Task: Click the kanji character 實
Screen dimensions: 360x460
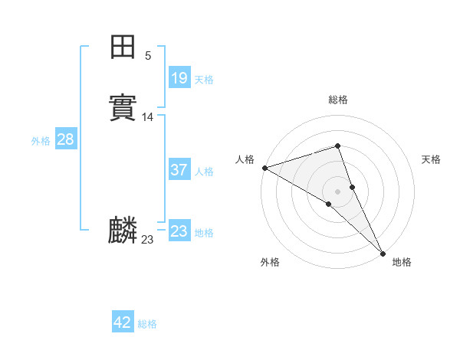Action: (x=123, y=108)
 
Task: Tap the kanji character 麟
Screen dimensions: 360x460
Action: (x=123, y=231)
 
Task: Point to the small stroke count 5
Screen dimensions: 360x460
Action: (x=148, y=56)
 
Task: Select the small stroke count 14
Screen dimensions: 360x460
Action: (x=148, y=117)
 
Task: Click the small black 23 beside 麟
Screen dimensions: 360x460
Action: (x=147, y=240)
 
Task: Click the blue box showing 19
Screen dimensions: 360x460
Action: (x=179, y=77)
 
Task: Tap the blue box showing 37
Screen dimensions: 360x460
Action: (x=179, y=170)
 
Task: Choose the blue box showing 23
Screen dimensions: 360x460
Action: (x=179, y=231)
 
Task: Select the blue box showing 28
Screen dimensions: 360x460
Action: (x=65, y=139)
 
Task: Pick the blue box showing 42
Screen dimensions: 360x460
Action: (x=123, y=322)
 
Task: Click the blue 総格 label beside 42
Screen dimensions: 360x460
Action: (x=147, y=324)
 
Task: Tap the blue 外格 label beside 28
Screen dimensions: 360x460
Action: (x=41, y=141)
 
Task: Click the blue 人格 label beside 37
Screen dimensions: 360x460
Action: (x=204, y=172)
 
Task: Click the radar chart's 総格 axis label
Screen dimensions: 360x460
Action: (x=338, y=100)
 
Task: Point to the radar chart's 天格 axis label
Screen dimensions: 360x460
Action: (x=431, y=159)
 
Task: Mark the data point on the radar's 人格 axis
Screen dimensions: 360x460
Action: (x=264, y=168)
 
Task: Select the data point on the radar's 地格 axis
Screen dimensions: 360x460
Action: (x=383, y=253)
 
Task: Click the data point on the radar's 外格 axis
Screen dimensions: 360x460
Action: (x=328, y=204)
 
